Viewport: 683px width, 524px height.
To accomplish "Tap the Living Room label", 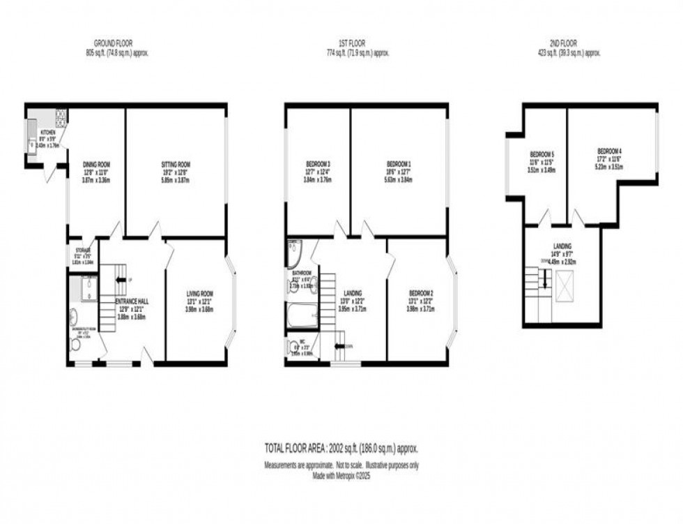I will tap(199, 294).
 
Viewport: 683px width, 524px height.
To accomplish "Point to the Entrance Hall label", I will tap(132, 301).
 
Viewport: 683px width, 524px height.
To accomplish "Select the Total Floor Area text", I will tap(341, 448).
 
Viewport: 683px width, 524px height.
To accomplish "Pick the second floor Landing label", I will tap(562, 246).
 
